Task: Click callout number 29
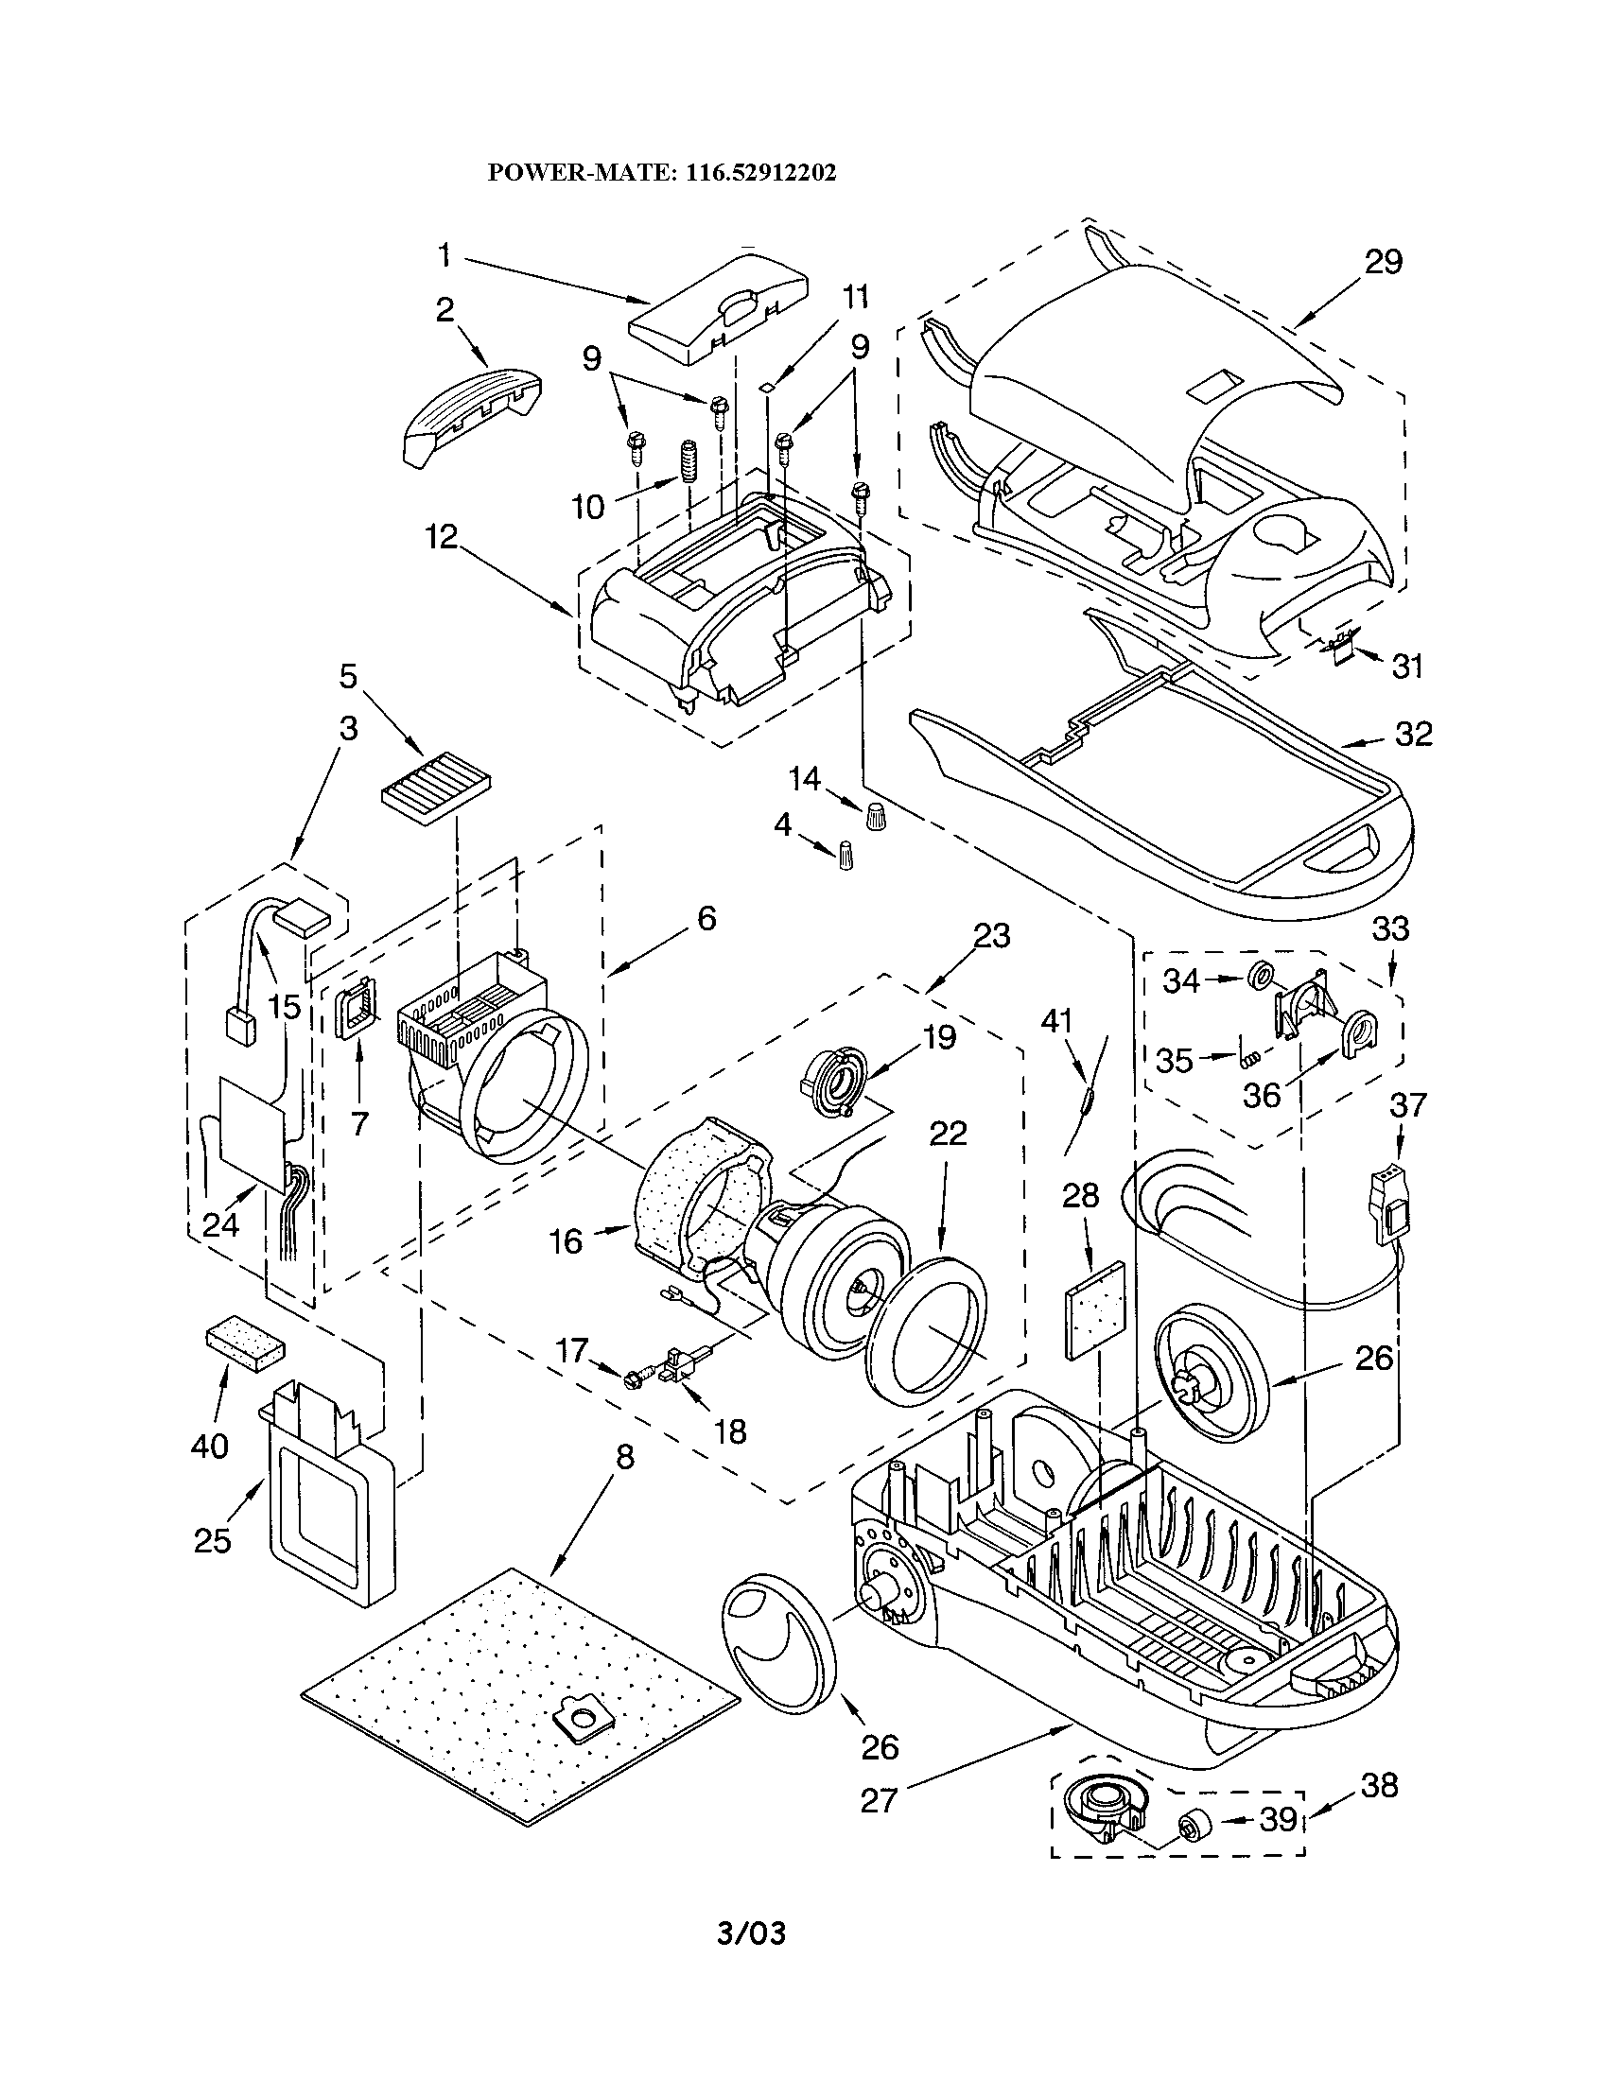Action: tap(1383, 261)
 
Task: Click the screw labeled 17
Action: tap(634, 1378)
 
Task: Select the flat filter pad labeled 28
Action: tap(1094, 1308)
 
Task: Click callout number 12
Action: tap(441, 537)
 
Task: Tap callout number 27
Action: tap(880, 1800)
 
